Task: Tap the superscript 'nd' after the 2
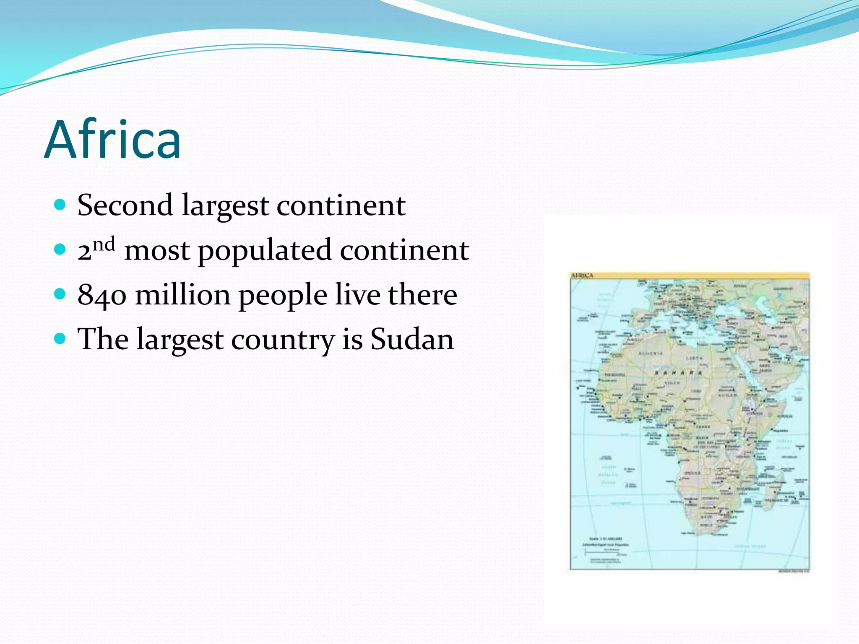(104, 244)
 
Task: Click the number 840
(102, 295)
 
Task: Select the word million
(183, 294)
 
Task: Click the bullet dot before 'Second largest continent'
(60, 205)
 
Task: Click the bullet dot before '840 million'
(60, 294)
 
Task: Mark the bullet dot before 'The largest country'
(60, 338)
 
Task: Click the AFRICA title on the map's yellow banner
(582, 275)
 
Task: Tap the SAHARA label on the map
(679, 373)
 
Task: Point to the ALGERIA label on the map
(651, 353)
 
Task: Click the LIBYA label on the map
(694, 358)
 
